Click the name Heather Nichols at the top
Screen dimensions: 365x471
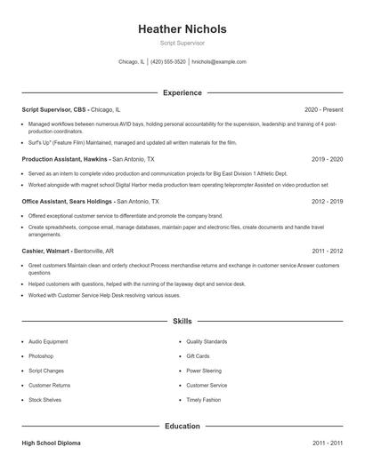[x=182, y=29]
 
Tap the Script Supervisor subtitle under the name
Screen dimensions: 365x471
[x=182, y=43]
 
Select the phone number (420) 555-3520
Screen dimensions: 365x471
[x=168, y=62]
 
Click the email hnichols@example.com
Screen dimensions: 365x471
[x=219, y=62]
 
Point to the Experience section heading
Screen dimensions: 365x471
[x=182, y=92]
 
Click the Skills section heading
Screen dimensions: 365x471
[x=182, y=321]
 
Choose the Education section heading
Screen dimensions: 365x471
[x=182, y=426]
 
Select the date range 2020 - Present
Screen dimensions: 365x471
[x=323, y=108]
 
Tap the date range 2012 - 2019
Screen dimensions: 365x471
[x=327, y=202]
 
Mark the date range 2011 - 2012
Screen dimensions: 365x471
[x=327, y=251]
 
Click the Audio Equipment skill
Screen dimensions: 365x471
[x=48, y=341]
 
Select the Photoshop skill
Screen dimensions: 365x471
[x=42, y=355]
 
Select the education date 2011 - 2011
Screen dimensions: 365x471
[x=327, y=442]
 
